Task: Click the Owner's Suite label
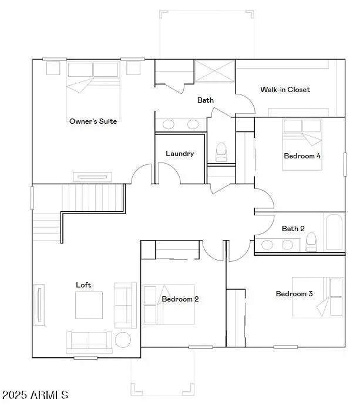93,121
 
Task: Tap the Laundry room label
180,154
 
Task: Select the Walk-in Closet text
285,90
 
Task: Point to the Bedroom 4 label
302,156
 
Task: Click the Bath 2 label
293,229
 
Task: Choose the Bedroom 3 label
294,294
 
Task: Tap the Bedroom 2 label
180,299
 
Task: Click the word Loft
83,285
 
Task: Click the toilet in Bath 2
311,241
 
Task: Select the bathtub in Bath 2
334,232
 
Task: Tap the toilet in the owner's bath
221,152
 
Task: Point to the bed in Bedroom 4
302,144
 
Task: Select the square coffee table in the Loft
88,304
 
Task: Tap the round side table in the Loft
123,340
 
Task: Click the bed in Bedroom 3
318,297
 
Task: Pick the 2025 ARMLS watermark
35,395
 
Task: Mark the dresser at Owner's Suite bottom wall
92,177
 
